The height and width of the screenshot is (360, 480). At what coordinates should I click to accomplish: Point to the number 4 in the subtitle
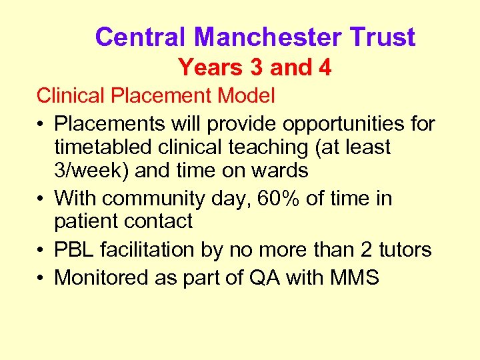(x=324, y=67)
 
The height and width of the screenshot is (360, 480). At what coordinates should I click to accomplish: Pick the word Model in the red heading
(x=246, y=96)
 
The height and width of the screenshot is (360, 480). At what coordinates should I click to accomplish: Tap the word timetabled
(x=104, y=147)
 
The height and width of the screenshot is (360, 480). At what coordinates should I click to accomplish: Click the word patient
(x=87, y=221)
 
